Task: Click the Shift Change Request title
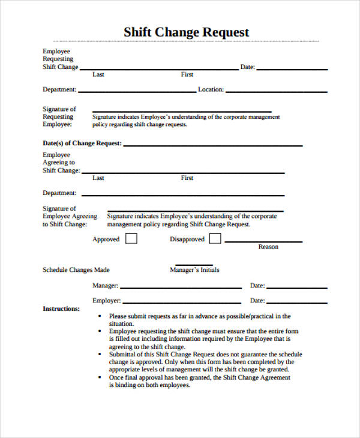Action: pyautogui.click(x=186, y=32)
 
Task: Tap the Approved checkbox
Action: pyautogui.click(x=131, y=239)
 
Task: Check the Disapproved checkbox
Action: pyautogui.click(x=215, y=239)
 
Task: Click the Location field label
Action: pyautogui.click(x=211, y=89)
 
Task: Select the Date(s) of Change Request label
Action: pyautogui.click(x=82, y=143)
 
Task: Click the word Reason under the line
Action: pyautogui.click(x=268, y=247)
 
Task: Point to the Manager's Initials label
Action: pyautogui.click(x=194, y=270)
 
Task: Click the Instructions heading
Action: pyautogui.click(x=61, y=308)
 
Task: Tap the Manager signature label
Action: pyautogui.click(x=105, y=286)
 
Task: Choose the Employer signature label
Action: pyautogui.click(x=106, y=301)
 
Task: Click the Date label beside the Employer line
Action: pyautogui.click(x=257, y=301)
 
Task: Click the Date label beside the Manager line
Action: pyautogui.click(x=257, y=286)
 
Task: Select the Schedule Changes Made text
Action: pyautogui.click(x=76, y=270)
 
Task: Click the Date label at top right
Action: pyautogui.click(x=248, y=67)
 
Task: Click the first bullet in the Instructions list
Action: pyautogui.click(x=99, y=316)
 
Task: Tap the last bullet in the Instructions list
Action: pyautogui.click(x=99, y=378)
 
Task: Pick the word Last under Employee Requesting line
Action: pyautogui.click(x=98, y=74)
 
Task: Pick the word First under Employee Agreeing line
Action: pyautogui.click(x=187, y=178)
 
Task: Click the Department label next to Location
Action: pyautogui.click(x=59, y=89)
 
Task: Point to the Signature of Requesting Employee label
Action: pyautogui.click(x=59, y=117)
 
